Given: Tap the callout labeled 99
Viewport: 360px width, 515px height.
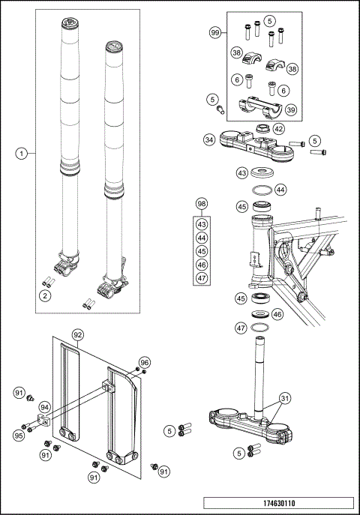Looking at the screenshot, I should [x=215, y=34].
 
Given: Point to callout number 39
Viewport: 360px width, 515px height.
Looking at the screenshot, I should [x=290, y=109].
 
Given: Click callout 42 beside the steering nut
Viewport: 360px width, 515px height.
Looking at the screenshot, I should [x=278, y=129].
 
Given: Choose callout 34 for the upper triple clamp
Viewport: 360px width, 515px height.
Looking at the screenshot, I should [x=209, y=139].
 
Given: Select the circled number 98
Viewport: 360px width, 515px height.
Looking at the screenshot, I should [x=201, y=204].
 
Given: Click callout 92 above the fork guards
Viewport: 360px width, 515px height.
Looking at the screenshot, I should [x=77, y=334].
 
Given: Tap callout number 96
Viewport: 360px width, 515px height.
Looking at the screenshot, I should [x=145, y=362].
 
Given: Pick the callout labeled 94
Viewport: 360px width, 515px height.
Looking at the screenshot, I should [x=44, y=407].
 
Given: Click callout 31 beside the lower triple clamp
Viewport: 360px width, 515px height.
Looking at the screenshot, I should [x=284, y=398].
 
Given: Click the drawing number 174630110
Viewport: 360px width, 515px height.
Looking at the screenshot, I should [x=279, y=503].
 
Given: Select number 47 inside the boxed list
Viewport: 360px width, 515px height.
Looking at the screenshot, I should [x=201, y=278].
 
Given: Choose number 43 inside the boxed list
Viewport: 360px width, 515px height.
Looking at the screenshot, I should [x=201, y=224].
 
